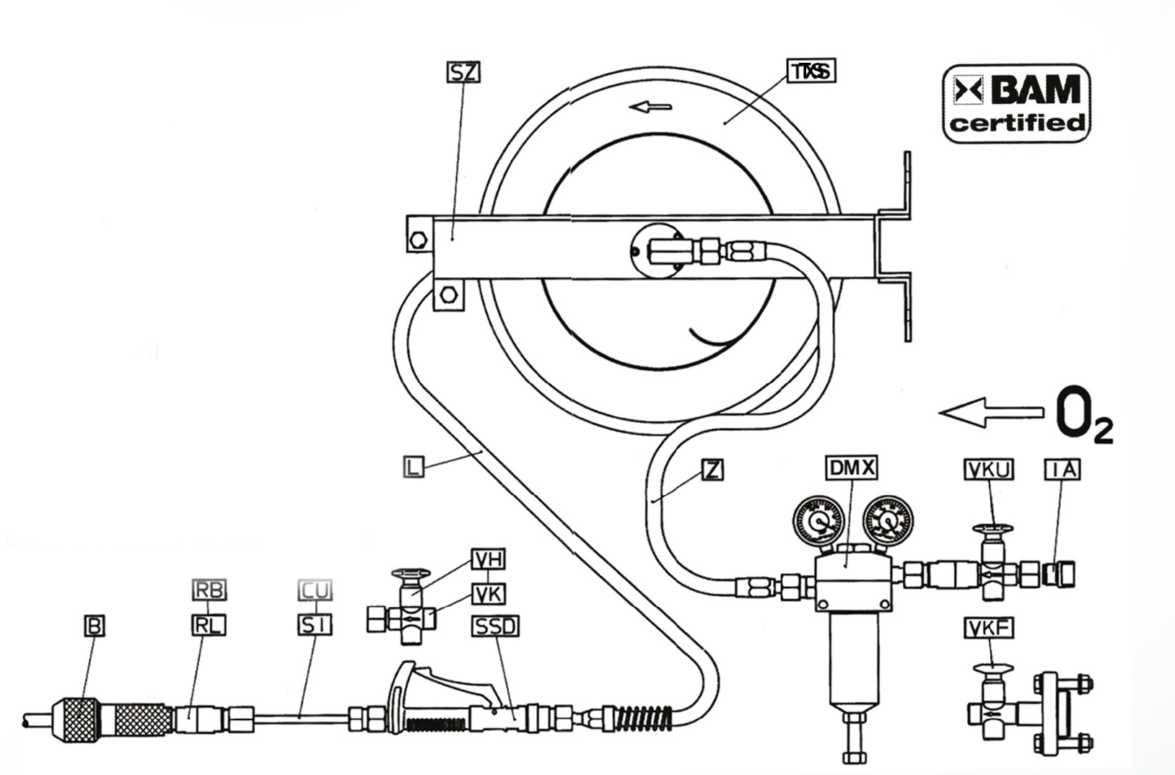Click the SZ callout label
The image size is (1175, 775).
(x=463, y=72)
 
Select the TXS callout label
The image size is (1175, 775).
(x=811, y=71)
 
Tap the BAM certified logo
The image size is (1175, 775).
(x=1016, y=103)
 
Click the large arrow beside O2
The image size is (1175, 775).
(x=991, y=412)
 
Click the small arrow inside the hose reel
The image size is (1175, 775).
(x=650, y=108)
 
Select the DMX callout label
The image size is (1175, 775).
(x=851, y=468)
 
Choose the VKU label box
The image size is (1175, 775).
(x=989, y=470)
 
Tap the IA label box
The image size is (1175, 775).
(x=1062, y=470)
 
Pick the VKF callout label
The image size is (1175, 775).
(x=989, y=629)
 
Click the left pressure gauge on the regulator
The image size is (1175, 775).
(x=818, y=521)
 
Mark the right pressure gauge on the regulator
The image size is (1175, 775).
(x=888, y=521)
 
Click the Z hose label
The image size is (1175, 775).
(x=712, y=470)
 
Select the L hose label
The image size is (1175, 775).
(x=413, y=466)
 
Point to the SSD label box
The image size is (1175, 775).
(x=495, y=626)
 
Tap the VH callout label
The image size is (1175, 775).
(x=489, y=559)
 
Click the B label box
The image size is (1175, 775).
(x=94, y=626)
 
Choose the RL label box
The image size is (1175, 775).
(x=209, y=625)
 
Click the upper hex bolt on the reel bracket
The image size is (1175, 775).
(x=418, y=240)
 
